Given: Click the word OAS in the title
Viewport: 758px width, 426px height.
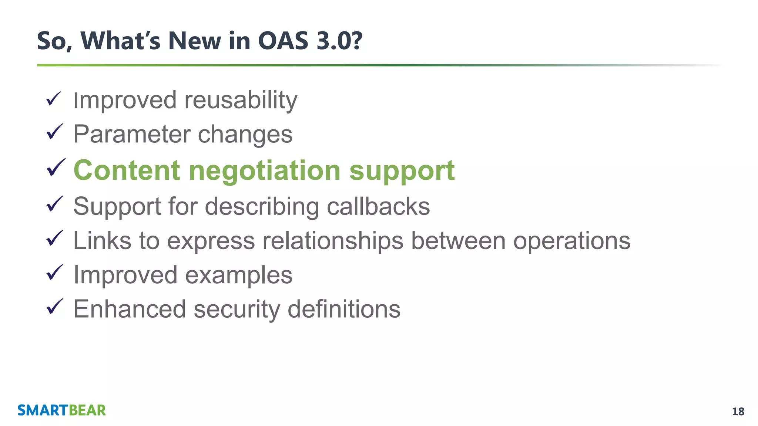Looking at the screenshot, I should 283,41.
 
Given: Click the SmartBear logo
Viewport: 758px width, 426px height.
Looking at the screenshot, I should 61,410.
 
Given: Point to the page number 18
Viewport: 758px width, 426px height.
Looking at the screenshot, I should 738,412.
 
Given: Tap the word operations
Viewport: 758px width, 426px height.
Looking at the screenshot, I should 571,241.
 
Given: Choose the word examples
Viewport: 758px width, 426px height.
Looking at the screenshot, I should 238,275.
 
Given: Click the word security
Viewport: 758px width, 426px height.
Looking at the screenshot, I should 237,310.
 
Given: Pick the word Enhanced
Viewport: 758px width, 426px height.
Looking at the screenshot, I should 130,309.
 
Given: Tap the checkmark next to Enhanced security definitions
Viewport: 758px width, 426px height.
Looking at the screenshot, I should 54,307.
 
